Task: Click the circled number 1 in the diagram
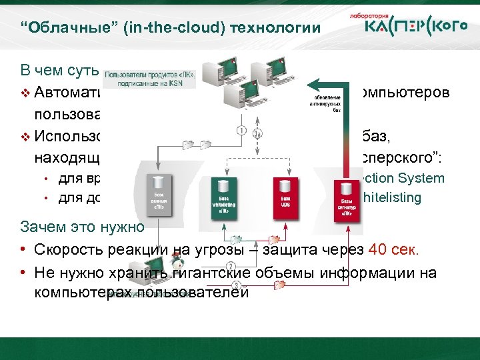click(241, 129)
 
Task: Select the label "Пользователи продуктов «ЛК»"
click(150, 75)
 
